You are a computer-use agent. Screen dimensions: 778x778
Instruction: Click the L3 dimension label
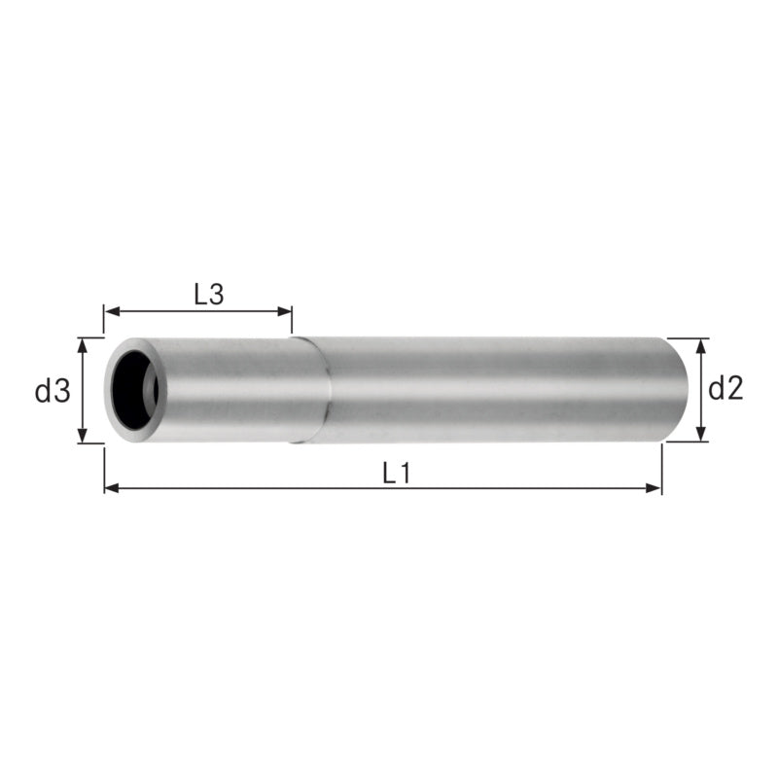click(209, 295)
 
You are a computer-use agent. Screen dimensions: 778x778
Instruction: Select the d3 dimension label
click(53, 391)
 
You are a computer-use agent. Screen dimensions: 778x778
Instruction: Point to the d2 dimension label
click(725, 388)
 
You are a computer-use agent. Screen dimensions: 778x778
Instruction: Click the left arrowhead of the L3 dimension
click(112, 311)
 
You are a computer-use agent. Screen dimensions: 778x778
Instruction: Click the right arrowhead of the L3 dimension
click(284, 311)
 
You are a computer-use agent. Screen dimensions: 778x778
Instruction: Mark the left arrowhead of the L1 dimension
click(112, 488)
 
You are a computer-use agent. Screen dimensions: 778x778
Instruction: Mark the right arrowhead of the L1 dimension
click(654, 488)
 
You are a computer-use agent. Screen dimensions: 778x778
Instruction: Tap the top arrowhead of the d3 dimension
click(83, 346)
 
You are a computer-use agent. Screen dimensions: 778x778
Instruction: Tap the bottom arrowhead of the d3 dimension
click(83, 435)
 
